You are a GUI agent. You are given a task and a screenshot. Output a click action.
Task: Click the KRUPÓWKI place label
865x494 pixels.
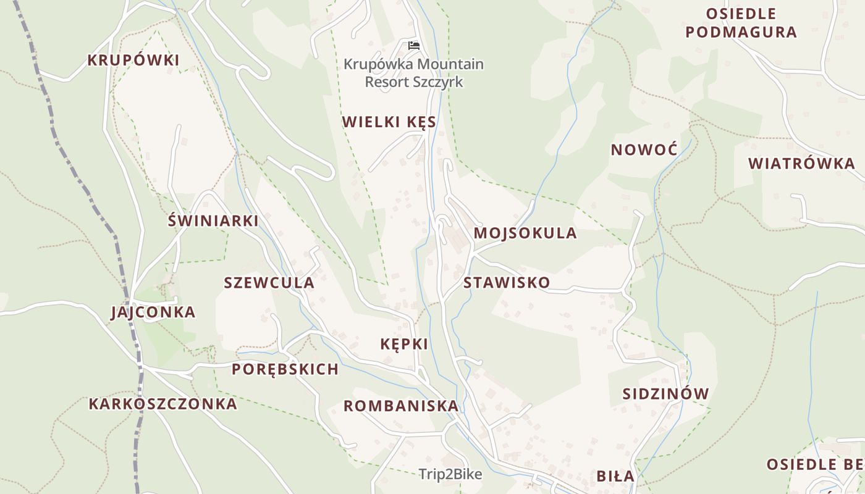tap(133, 61)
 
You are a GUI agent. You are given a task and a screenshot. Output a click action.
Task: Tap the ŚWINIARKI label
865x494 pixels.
tap(213, 221)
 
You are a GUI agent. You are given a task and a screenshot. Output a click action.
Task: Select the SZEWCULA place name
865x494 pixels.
tap(269, 283)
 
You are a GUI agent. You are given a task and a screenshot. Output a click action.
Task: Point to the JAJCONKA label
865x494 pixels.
tap(153, 312)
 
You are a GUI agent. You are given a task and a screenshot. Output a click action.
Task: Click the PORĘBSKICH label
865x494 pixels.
tap(285, 370)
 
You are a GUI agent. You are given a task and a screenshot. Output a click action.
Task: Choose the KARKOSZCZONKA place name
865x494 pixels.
tap(163, 404)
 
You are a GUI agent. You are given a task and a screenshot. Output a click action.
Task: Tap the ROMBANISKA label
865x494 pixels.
tap(401, 406)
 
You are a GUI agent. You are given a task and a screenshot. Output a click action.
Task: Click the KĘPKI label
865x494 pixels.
tap(405, 345)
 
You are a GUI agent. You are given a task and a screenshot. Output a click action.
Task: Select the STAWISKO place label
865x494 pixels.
tap(507, 283)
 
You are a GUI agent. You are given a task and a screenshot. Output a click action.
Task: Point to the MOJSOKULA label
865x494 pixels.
tap(525, 233)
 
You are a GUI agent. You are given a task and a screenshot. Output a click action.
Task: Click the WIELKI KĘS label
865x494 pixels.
tap(389, 122)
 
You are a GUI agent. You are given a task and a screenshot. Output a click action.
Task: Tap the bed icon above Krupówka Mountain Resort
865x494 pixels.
tap(413, 46)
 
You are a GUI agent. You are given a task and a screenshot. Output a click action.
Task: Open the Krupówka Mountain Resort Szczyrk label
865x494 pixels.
tap(413, 73)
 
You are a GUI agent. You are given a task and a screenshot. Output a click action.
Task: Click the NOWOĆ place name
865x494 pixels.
tap(644, 150)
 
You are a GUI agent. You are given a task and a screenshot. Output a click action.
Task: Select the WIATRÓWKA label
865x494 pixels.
tap(801, 164)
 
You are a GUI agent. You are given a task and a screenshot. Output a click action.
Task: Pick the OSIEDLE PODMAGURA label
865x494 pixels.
tap(741, 23)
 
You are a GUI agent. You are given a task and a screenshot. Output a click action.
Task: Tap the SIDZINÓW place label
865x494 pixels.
tap(665, 394)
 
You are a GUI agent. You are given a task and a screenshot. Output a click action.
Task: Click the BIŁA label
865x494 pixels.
tap(615, 476)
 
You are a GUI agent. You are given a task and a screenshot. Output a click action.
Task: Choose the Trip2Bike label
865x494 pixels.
tap(450, 474)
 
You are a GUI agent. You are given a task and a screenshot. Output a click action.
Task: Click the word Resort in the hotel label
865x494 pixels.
tap(386, 82)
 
